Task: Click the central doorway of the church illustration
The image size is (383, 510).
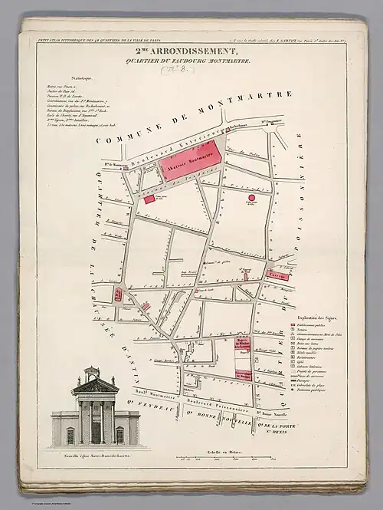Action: coord(95,431)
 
